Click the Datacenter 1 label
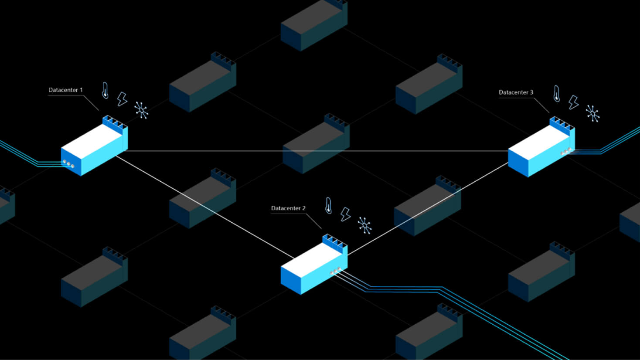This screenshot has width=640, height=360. click(65, 90)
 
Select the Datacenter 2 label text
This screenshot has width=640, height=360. click(288, 208)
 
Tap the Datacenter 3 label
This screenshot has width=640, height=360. click(516, 92)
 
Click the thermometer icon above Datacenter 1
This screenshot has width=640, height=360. click(105, 90)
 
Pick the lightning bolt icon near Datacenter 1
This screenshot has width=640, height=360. click(122, 99)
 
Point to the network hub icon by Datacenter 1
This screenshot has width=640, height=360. click(141, 110)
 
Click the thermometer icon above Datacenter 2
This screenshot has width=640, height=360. click(328, 205)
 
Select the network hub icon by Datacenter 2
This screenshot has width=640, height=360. click(364, 225)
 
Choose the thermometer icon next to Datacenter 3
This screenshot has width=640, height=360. click(556, 94)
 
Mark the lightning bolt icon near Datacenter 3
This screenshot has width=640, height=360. click(573, 102)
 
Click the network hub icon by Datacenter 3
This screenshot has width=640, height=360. click(592, 113)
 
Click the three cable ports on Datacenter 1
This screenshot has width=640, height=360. click(68, 164)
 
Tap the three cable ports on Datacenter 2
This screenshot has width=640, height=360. click(335, 271)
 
